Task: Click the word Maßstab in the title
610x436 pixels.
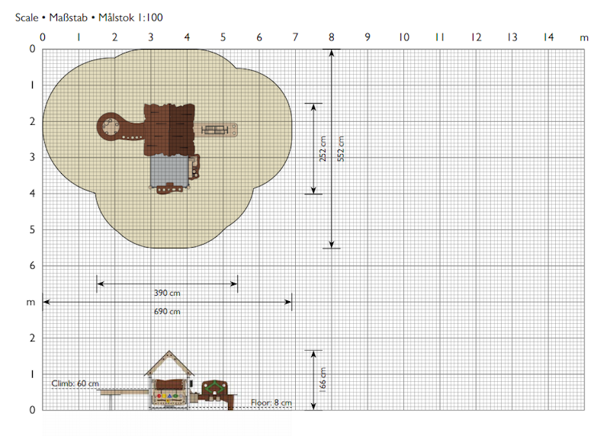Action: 68,18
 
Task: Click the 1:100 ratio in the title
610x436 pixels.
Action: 149,18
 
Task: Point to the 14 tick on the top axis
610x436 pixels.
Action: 548,37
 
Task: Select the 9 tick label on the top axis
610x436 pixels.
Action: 368,37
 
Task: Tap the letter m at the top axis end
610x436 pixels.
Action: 584,38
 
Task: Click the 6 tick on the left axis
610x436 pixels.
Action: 32,266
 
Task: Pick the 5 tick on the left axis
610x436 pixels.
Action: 32,229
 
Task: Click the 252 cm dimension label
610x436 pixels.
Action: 323,149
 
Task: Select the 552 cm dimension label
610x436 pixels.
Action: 340,149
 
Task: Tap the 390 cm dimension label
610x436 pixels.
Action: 167,293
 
